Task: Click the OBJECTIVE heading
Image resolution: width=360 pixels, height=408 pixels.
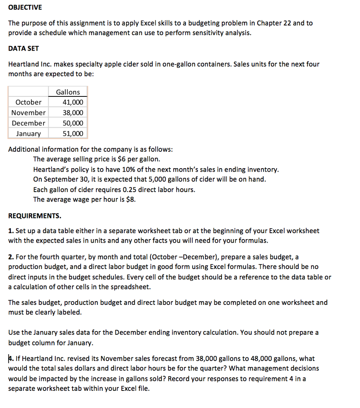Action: tap(25, 8)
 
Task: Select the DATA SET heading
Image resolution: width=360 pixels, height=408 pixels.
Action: tap(23, 48)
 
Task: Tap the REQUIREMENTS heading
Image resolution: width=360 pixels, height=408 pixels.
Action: tap(35, 216)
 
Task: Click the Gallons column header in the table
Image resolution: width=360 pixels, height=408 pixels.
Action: tap(68, 92)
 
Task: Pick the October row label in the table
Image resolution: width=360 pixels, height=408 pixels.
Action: tap(28, 102)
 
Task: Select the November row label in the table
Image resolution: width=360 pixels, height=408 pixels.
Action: tap(28, 113)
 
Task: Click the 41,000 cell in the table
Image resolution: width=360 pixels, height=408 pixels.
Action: tap(73, 102)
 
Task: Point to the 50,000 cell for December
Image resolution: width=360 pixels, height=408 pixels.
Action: tap(73, 123)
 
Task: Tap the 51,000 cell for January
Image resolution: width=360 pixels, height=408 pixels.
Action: tap(73, 133)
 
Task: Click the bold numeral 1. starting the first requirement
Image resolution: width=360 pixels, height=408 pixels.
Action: tap(11, 231)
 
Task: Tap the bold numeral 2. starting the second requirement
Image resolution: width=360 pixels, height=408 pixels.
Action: tap(11, 257)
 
